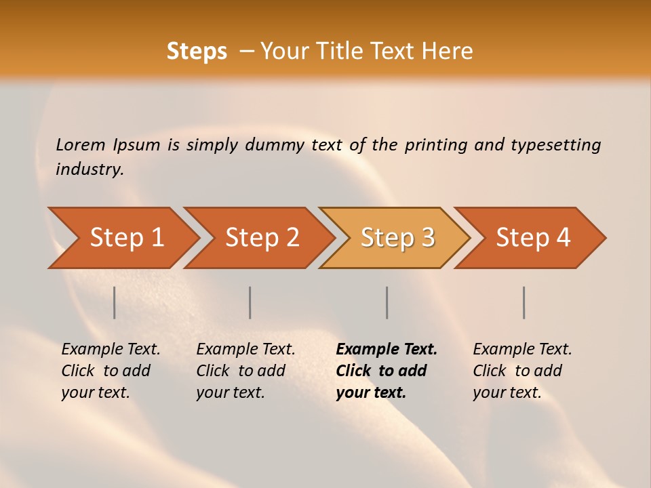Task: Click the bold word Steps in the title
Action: click(x=197, y=52)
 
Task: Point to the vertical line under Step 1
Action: click(x=115, y=302)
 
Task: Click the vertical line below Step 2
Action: click(x=250, y=302)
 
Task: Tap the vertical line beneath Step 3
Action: click(x=387, y=302)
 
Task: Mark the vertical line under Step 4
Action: click(x=524, y=302)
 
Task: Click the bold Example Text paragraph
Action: click(x=387, y=371)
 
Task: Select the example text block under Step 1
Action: click(x=111, y=371)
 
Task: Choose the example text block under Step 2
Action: click(x=245, y=371)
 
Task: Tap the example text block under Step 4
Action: click(x=522, y=371)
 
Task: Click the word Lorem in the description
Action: click(x=81, y=144)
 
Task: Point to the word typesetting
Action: click(x=555, y=145)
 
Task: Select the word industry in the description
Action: click(x=90, y=169)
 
